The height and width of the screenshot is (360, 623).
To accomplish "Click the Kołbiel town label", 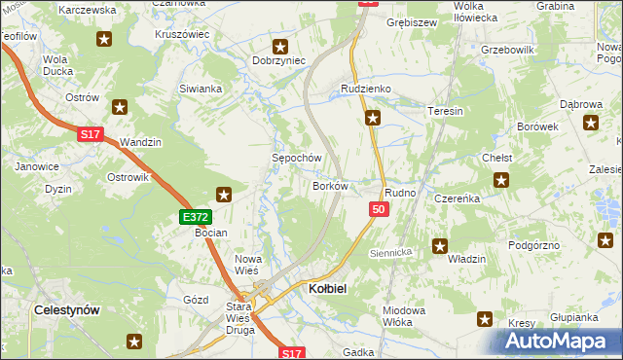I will (x=328, y=289).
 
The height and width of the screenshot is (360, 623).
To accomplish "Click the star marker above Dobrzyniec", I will (x=280, y=45).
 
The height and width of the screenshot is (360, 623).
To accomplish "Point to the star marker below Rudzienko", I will (x=373, y=120).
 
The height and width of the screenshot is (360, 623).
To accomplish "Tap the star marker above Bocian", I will (x=224, y=195).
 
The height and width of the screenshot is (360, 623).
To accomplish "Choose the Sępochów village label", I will (x=296, y=158).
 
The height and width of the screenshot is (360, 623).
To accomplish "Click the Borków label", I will (x=330, y=185).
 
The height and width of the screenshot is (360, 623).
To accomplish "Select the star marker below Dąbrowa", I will (x=590, y=123).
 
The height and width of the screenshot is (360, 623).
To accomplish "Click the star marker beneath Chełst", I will (x=501, y=179).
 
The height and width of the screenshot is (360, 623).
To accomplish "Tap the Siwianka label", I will (x=201, y=89).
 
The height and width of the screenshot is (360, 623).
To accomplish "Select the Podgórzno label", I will (x=534, y=245).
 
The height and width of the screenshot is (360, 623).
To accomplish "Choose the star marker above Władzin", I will (x=440, y=247).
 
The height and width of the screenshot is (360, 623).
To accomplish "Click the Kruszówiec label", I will (x=182, y=33).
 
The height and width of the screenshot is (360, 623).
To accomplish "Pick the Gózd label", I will (x=197, y=301).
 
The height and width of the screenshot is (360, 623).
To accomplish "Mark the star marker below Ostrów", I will (x=120, y=107).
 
